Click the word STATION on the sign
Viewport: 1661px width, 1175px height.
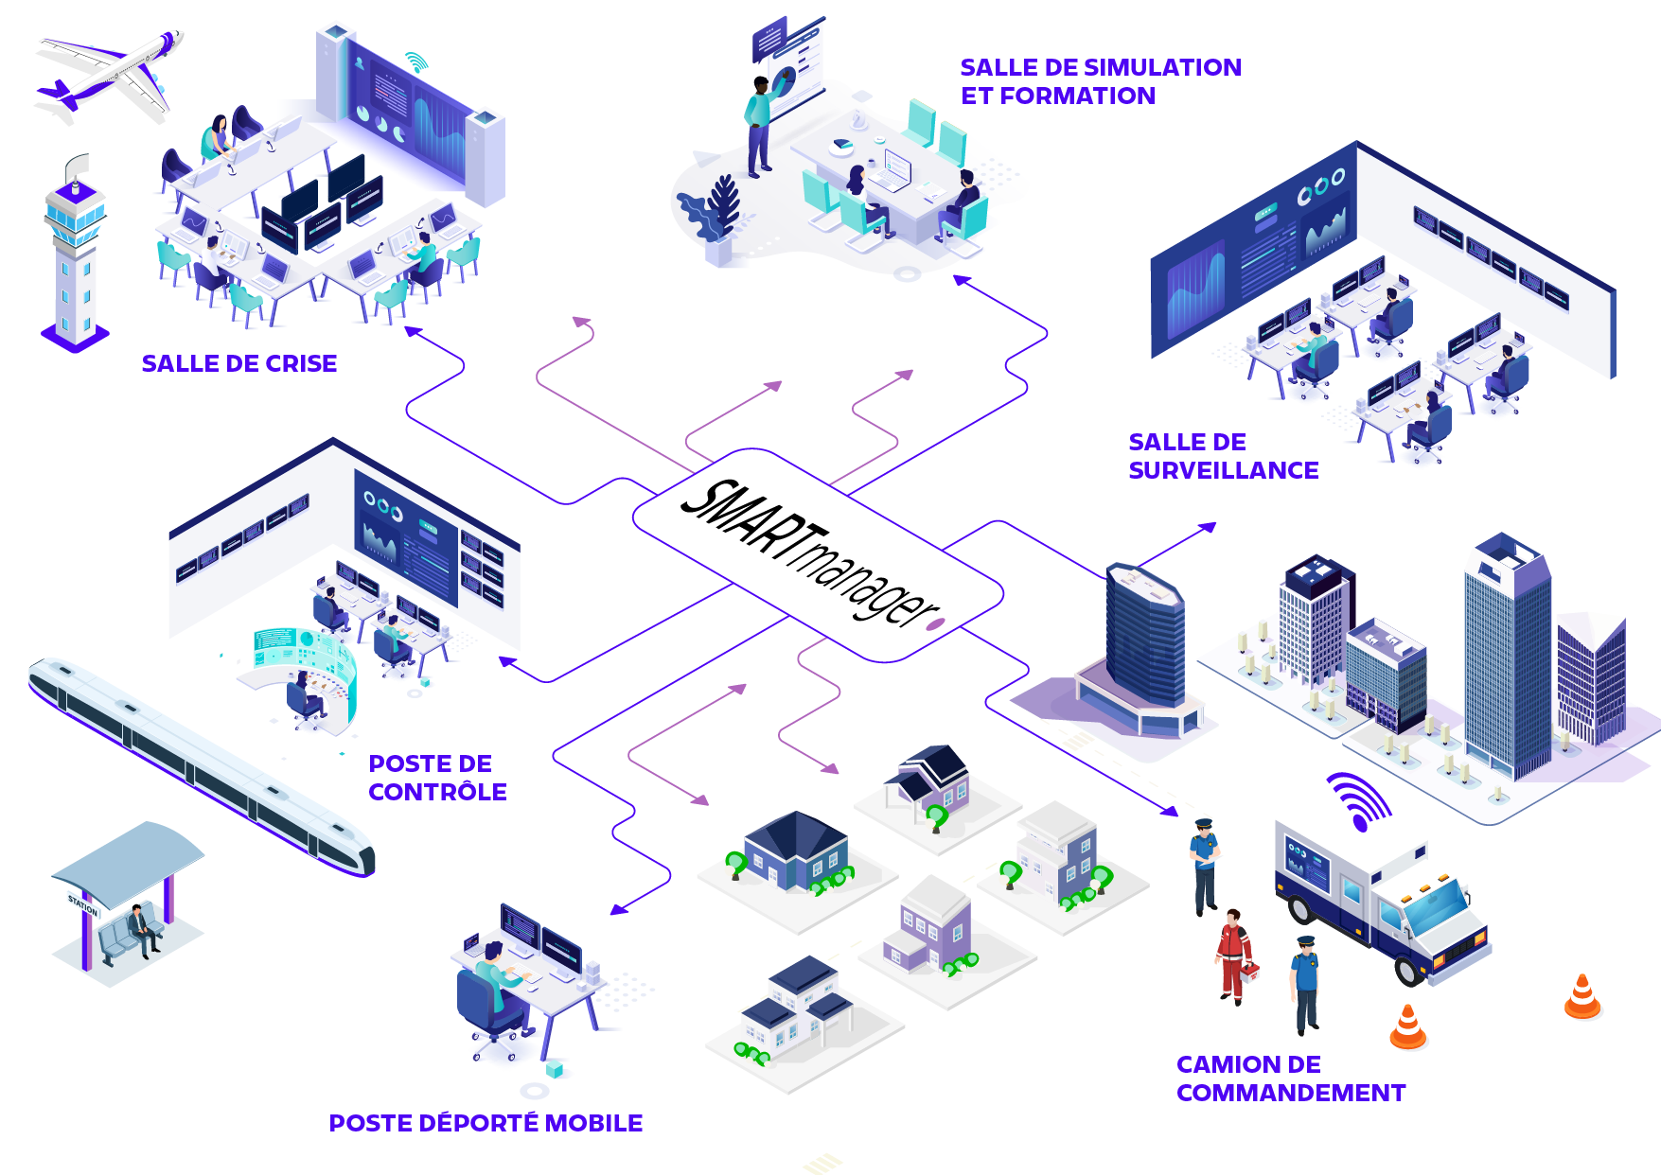[82, 904]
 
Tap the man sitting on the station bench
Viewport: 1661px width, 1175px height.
[143, 930]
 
